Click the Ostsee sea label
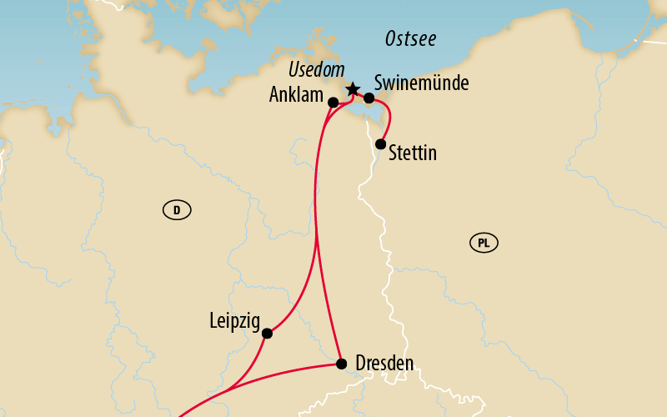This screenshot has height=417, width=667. [410, 40]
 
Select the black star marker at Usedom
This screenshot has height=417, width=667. [352, 89]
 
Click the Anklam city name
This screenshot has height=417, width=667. [296, 95]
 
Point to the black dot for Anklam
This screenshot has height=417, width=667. [333, 103]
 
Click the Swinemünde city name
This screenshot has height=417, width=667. [422, 83]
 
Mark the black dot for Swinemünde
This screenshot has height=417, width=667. [369, 98]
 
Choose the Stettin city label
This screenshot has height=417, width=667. [413, 154]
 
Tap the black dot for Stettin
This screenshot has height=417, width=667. [380, 144]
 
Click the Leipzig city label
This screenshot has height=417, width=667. [234, 320]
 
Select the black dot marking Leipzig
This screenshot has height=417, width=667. [267, 334]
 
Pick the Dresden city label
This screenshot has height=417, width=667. [384, 364]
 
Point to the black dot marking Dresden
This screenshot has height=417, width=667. [341, 364]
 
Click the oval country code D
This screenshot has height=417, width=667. [177, 211]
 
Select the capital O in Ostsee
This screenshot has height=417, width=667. [391, 40]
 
